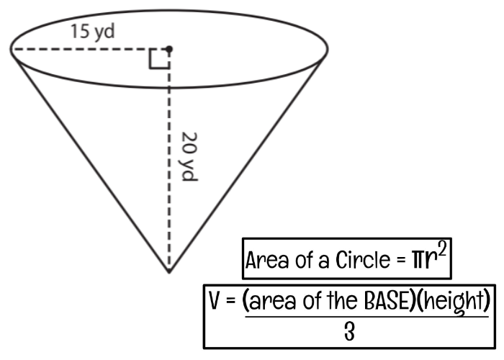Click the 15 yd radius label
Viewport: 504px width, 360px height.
coord(93,32)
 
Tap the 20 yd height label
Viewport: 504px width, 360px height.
coord(189,156)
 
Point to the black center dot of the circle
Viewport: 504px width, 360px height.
coord(169,49)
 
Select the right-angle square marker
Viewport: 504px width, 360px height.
coord(159,59)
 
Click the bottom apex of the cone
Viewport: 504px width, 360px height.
coord(169,273)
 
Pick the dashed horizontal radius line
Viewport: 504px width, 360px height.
coord(89,49)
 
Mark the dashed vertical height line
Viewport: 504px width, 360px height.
coord(169,161)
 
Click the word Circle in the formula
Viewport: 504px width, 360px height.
coord(363,260)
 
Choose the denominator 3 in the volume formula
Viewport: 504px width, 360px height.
coord(349,332)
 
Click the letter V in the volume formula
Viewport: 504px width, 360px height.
coord(215,300)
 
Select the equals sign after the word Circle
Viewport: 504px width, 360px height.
coord(401,261)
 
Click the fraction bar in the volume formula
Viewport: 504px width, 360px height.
coord(366,317)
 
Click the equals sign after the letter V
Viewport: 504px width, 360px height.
coord(230,301)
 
